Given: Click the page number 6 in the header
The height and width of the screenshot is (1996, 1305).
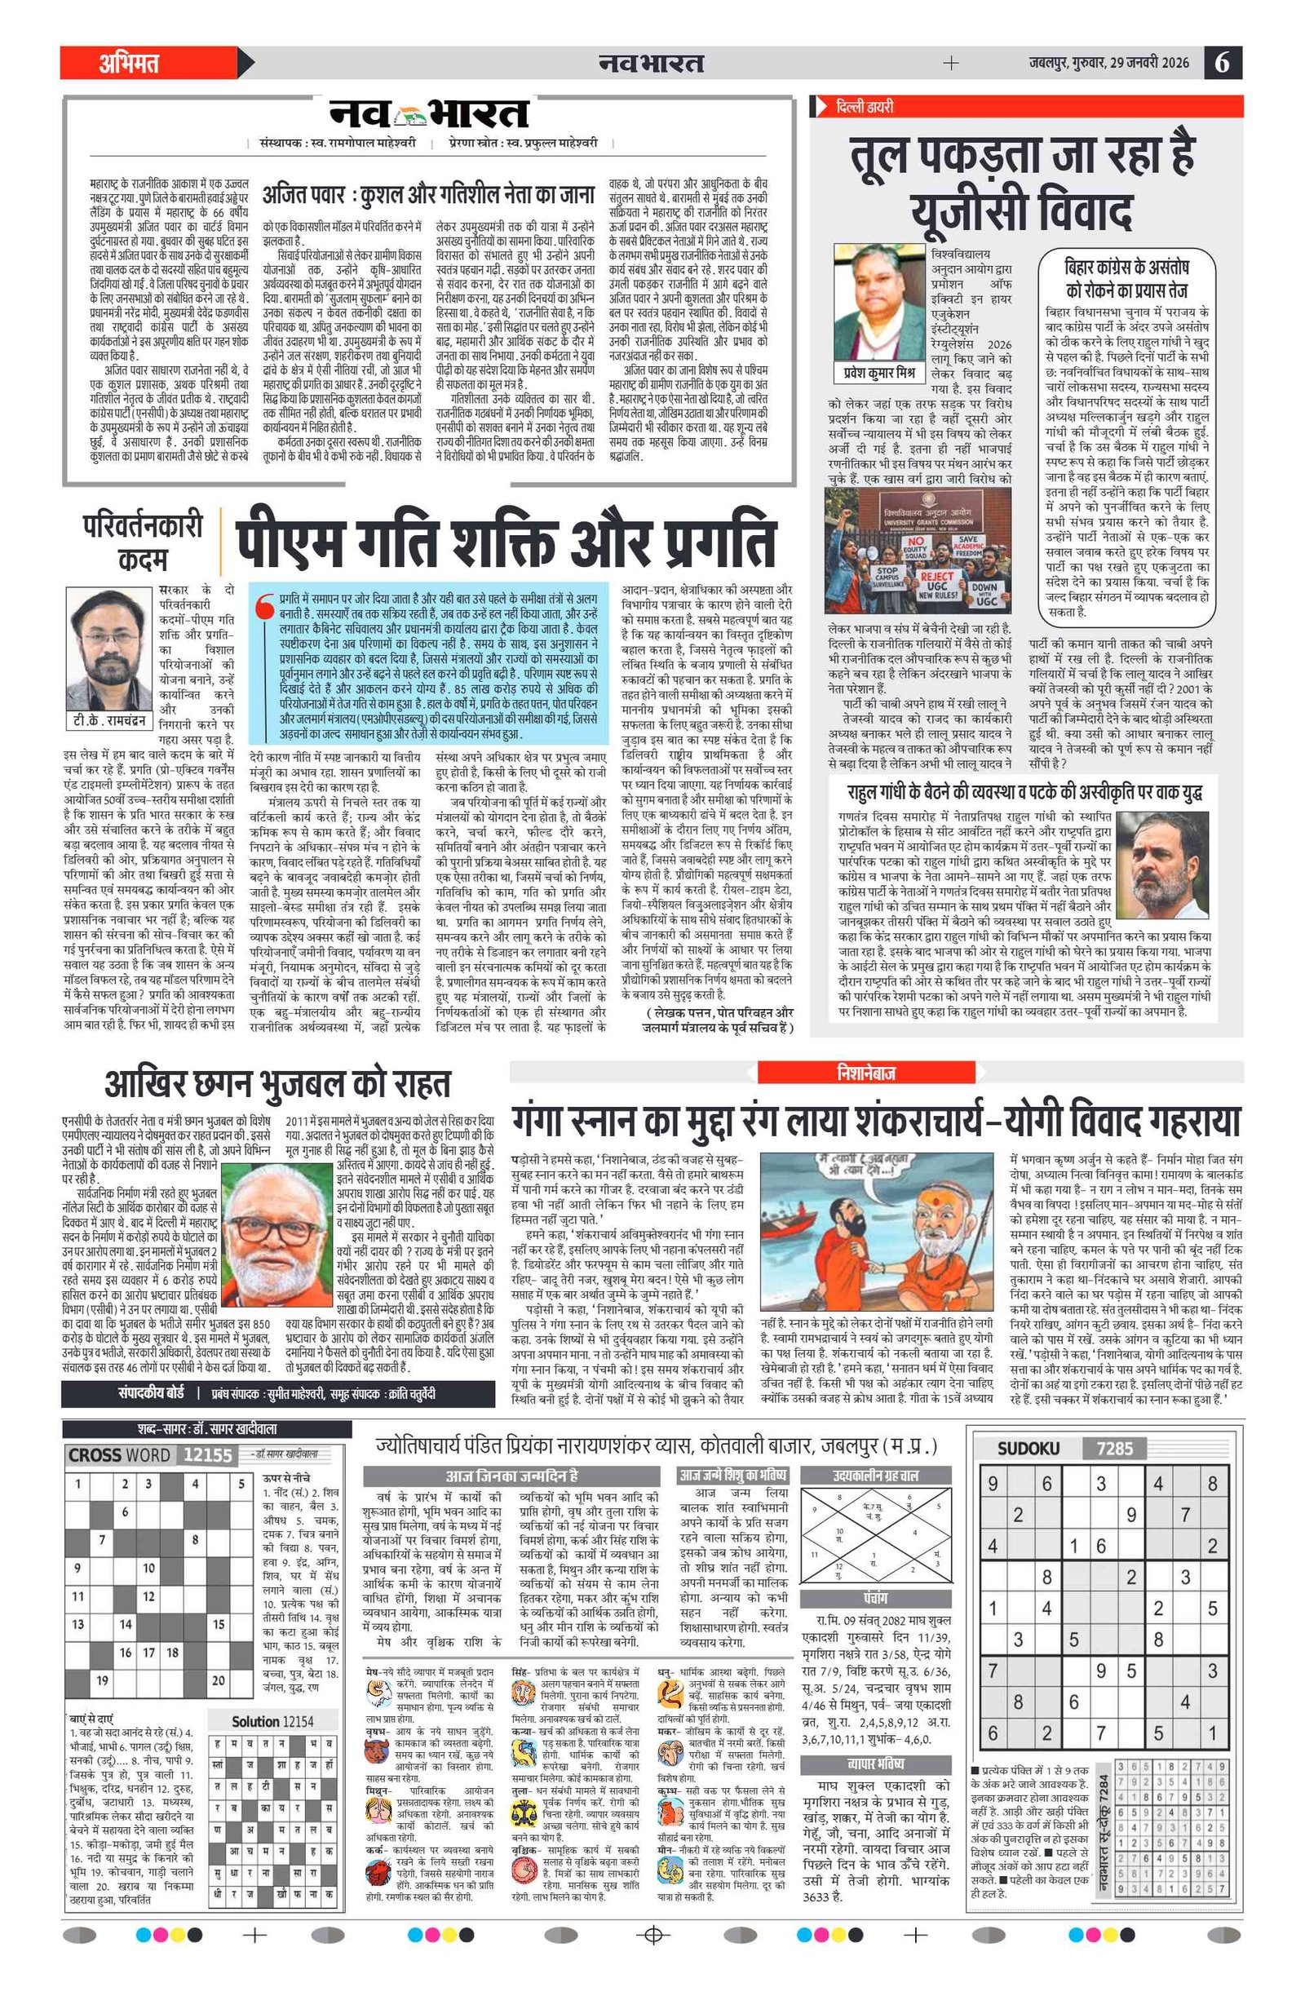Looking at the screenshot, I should click(x=1222, y=63).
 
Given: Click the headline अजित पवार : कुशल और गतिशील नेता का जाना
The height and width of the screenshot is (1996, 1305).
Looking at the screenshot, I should click(x=428, y=195).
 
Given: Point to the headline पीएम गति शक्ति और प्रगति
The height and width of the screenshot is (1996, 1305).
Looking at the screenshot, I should click(x=506, y=542).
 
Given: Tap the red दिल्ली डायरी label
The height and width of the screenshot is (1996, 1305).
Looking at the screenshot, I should click(x=864, y=107).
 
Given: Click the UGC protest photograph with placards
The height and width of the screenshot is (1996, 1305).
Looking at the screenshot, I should click(x=917, y=553).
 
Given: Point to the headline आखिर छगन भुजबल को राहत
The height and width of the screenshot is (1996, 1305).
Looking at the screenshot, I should click(x=277, y=1083).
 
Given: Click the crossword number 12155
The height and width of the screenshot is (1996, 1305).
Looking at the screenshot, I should click(x=207, y=1455).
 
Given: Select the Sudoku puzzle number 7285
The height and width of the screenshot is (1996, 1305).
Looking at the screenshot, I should click(x=1113, y=1449).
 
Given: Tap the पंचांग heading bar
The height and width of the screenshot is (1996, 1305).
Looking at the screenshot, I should click(x=874, y=1598).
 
